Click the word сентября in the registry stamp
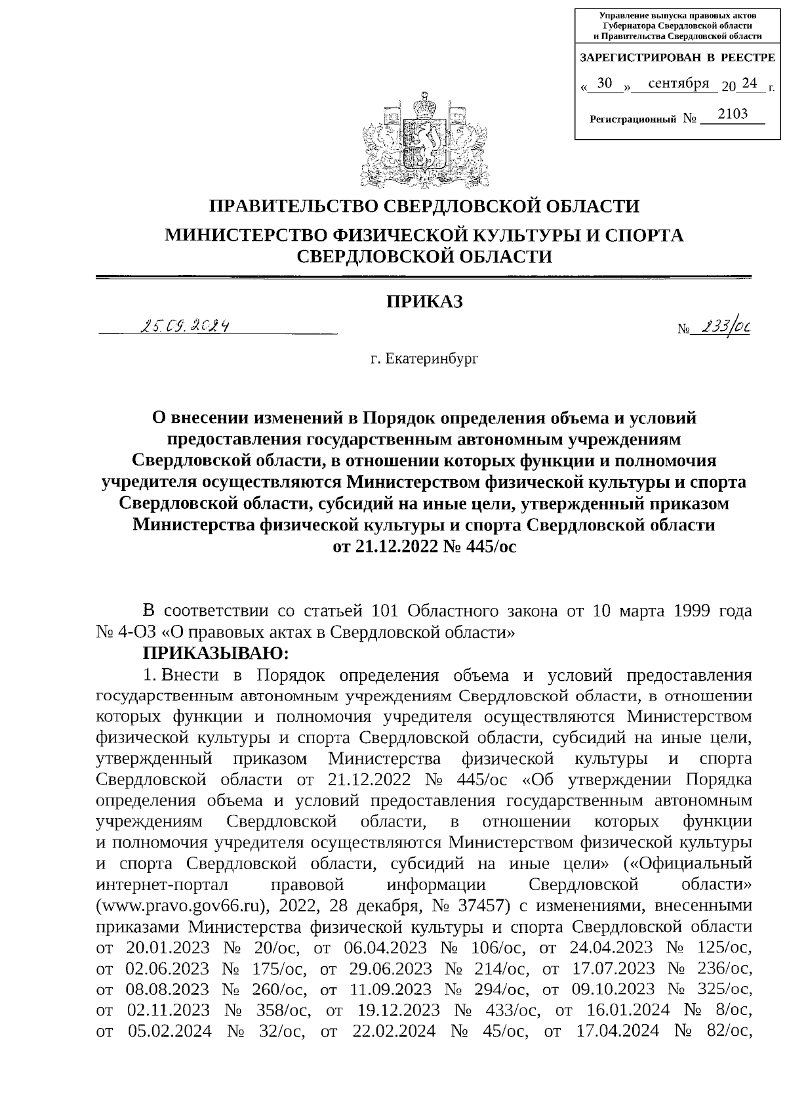click(x=678, y=83)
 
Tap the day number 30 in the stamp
click(x=605, y=83)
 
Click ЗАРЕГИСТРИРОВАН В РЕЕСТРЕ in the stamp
click(x=677, y=58)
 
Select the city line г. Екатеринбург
click(x=424, y=359)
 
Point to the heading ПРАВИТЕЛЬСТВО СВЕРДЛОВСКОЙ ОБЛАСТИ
click(x=424, y=207)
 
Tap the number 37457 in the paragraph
click(x=483, y=906)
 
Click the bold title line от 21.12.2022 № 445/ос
click(x=425, y=546)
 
